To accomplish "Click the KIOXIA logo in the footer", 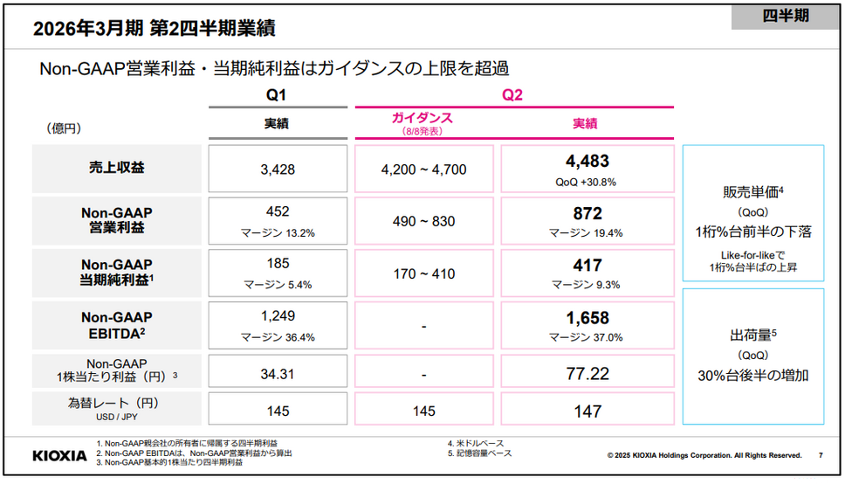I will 59,455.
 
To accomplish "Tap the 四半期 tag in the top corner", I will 786,15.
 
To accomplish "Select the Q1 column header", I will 276,95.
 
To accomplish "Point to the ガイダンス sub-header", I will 422,118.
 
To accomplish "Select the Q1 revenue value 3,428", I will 278,169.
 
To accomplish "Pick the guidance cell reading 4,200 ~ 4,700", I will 423,169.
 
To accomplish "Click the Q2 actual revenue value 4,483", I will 587,162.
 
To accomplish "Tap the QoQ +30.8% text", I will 586,182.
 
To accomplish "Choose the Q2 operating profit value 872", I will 587,214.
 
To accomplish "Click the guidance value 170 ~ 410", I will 423,274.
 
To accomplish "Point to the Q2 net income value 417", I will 587,266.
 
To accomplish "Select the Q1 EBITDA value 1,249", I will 278,318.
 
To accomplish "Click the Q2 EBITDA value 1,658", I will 587,319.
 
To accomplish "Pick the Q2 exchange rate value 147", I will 587,411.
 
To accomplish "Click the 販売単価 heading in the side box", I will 749,193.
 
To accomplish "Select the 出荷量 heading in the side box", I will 749,335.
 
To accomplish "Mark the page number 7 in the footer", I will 820,455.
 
